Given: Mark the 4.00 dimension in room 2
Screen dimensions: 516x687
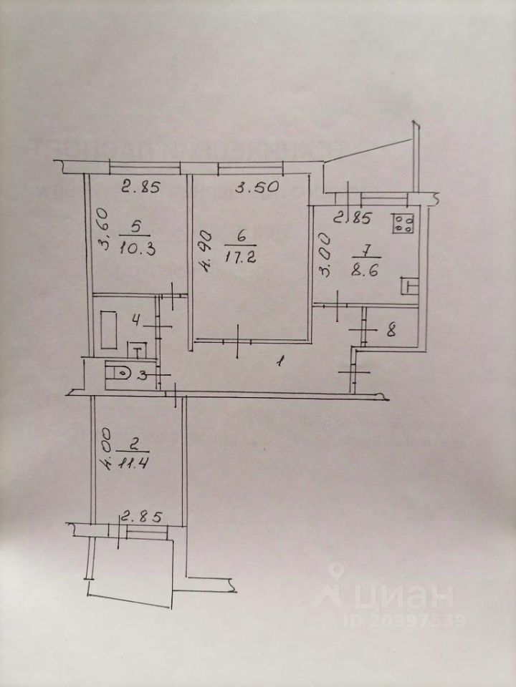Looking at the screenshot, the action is (105, 448).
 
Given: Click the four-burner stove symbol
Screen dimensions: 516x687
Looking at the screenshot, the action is (403, 224).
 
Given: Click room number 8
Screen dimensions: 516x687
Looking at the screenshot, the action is (391, 331).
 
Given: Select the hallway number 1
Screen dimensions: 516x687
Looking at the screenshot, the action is (280, 362).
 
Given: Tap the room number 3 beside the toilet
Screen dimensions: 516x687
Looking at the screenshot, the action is (144, 373).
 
